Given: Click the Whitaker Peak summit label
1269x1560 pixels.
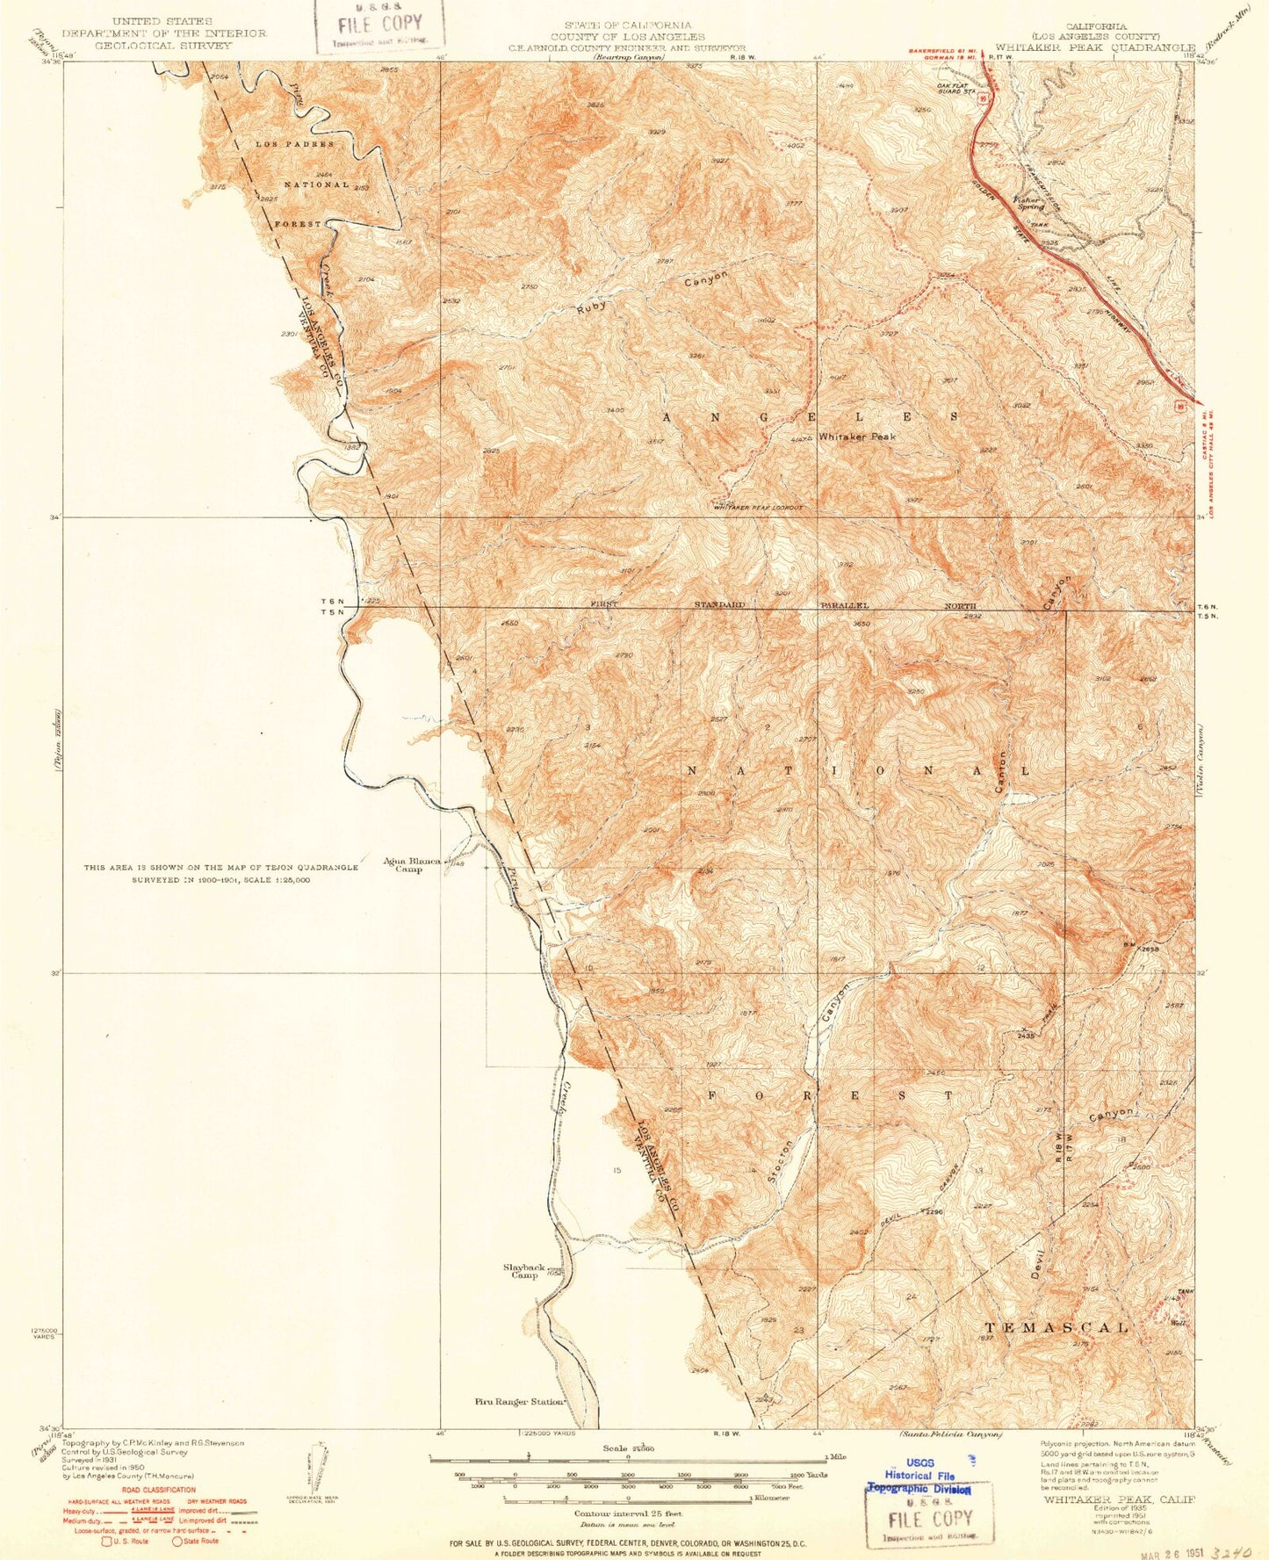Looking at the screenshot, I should (x=856, y=437).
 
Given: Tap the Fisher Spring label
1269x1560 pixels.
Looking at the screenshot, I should (x=1029, y=203).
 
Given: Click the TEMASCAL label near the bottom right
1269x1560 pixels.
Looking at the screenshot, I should (x=1056, y=1327).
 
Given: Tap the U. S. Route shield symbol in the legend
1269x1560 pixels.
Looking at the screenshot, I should (x=106, y=1541).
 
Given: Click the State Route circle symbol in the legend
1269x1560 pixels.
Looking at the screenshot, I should (x=177, y=1541).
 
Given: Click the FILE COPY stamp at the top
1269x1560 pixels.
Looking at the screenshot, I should (x=379, y=25).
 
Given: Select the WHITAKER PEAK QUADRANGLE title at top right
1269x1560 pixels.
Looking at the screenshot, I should (x=1094, y=47).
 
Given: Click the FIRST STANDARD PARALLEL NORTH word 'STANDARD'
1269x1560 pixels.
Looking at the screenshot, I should (x=719, y=605).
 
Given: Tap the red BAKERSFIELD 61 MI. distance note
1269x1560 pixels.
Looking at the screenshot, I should (x=942, y=51).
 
